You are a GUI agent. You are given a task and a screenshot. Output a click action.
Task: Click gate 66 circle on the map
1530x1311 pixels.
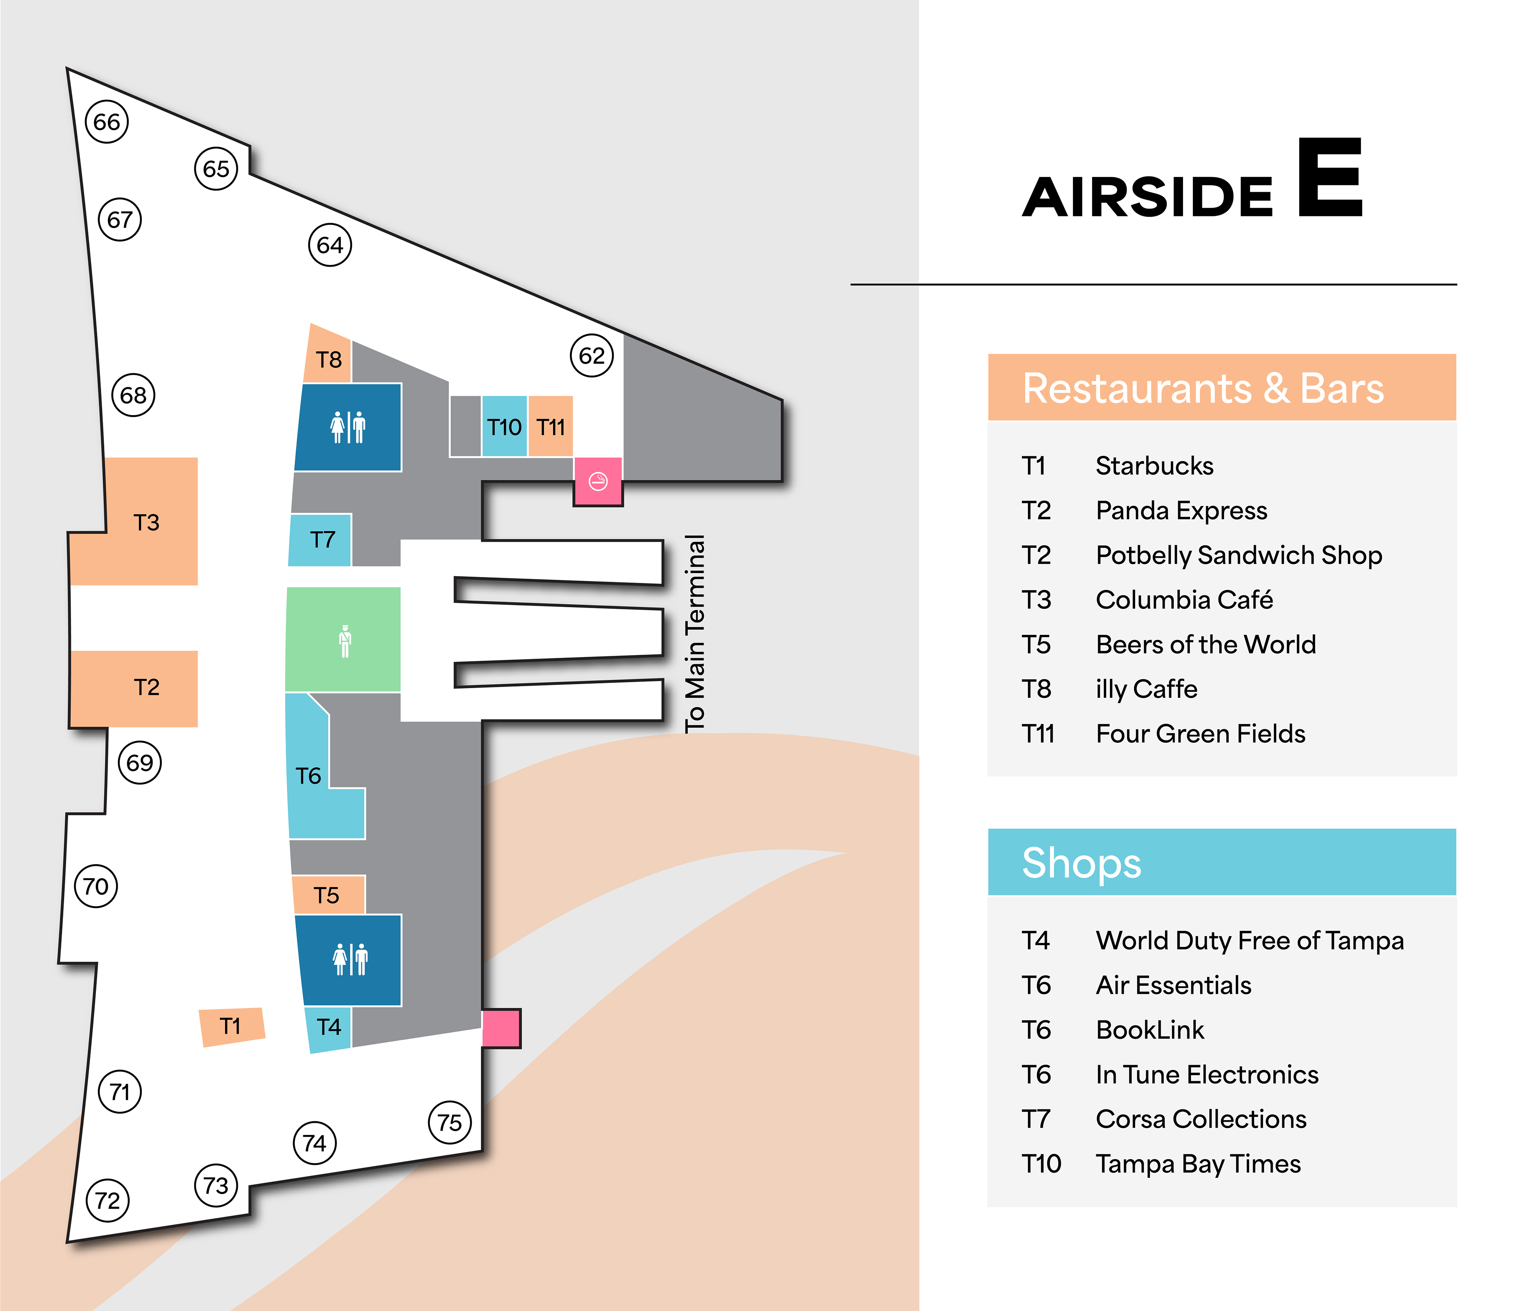coord(107,122)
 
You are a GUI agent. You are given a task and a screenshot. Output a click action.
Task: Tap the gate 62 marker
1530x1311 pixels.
coord(591,356)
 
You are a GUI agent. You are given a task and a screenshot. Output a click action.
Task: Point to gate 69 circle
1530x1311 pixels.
coord(139,762)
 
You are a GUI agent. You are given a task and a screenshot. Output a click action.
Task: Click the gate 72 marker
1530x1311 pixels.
coord(108,1200)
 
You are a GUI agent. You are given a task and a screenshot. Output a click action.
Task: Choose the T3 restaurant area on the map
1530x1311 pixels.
coord(147,522)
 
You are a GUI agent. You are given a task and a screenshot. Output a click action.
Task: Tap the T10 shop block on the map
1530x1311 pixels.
coord(504,427)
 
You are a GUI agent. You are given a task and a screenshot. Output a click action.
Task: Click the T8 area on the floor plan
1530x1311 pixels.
coord(329,359)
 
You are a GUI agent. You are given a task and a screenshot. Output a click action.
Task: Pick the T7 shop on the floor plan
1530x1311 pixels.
coord(322,539)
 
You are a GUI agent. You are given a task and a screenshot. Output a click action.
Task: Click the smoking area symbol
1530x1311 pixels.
coord(598,481)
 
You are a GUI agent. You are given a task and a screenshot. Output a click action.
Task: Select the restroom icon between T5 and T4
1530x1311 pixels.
coord(350,960)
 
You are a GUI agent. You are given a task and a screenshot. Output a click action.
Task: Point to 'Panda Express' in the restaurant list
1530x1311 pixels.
coord(1181,510)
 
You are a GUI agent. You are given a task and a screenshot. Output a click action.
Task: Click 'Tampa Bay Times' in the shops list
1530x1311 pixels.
coord(1198,1164)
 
